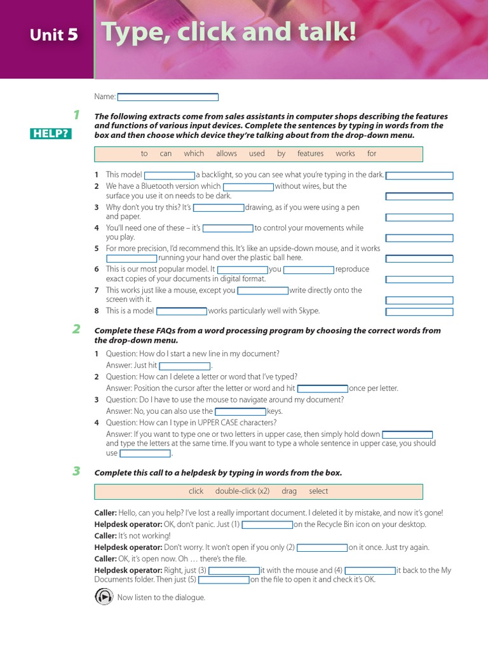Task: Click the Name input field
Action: [x=168, y=97]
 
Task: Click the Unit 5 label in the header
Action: [x=54, y=35]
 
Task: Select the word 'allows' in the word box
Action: [x=226, y=154]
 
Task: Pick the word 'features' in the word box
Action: [x=310, y=154]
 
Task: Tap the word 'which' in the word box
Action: [x=194, y=154]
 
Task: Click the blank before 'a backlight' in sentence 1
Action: [x=170, y=175]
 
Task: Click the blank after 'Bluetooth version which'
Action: [x=248, y=187]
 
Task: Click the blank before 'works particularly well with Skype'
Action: [x=182, y=312]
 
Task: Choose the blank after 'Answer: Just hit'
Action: [x=185, y=366]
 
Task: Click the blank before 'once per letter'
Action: [x=323, y=388]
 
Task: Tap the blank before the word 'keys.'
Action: [x=241, y=411]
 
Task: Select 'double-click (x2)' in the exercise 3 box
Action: [x=242, y=491]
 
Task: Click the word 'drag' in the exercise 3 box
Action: [x=289, y=491]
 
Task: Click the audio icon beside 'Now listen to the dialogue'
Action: [x=104, y=597]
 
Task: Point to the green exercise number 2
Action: [x=76, y=329]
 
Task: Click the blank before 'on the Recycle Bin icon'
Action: [x=267, y=525]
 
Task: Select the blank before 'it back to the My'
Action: [x=370, y=571]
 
